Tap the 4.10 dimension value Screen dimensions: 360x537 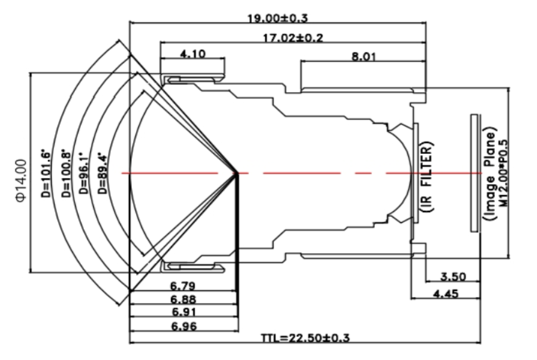[x=192, y=54]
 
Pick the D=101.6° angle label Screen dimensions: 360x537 [x=48, y=174]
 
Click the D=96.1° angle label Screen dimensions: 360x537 [x=87, y=174]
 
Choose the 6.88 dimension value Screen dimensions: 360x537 [x=183, y=299]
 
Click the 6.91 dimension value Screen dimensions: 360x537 [x=183, y=312]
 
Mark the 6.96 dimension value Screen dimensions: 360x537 [x=183, y=326]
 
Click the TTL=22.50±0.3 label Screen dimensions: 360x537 [x=306, y=338]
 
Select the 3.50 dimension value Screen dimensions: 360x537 [x=453, y=277]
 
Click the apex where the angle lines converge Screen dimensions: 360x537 [x=238, y=173]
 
